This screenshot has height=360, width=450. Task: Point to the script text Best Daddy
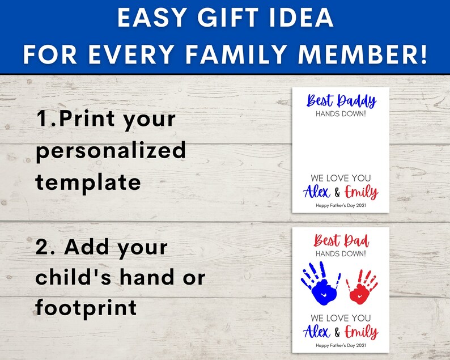point(341,101)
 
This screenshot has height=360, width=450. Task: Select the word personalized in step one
point(111,150)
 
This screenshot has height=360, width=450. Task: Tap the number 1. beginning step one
point(46,120)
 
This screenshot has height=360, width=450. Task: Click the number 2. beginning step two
point(46,247)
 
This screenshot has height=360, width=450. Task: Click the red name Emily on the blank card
point(362,192)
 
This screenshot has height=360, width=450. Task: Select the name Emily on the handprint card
point(362,332)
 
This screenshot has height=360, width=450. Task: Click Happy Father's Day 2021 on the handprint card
point(341,346)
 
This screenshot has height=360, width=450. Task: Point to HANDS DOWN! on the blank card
point(341,113)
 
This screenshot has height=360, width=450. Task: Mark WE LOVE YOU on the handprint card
point(341,318)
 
